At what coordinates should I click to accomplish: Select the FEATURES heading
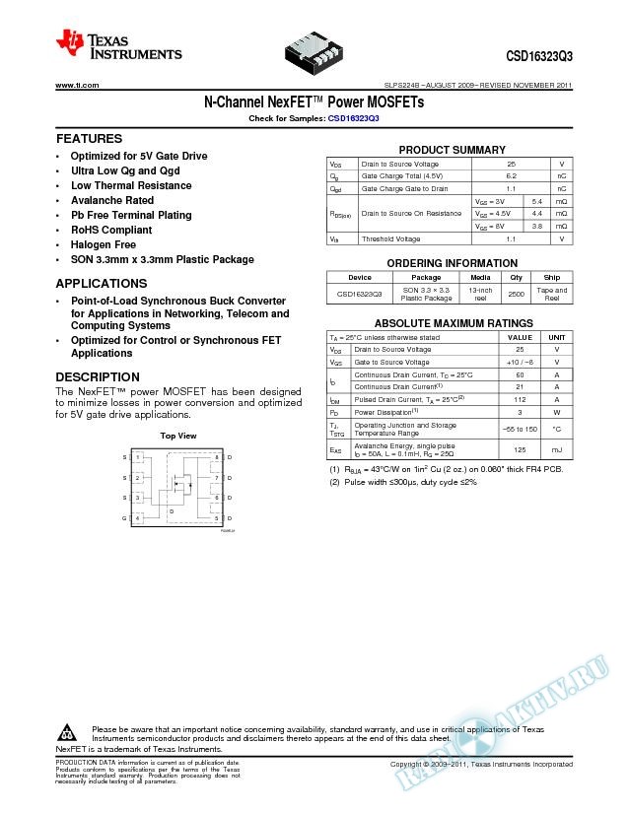click(x=89, y=139)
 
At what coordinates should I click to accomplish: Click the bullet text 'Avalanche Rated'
click(x=111, y=200)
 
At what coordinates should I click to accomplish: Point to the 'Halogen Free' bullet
click(x=104, y=244)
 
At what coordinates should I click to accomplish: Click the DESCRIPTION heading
click(x=98, y=377)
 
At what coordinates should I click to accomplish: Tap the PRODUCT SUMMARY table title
click(x=451, y=149)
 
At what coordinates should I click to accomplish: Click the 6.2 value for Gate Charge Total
click(x=511, y=175)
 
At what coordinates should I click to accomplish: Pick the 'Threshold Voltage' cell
click(x=390, y=239)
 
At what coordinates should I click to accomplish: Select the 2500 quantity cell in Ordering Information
click(x=515, y=294)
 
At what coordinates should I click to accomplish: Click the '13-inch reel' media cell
click(x=480, y=294)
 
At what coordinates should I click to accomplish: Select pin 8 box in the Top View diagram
click(x=215, y=458)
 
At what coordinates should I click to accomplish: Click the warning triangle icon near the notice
click(x=68, y=733)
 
